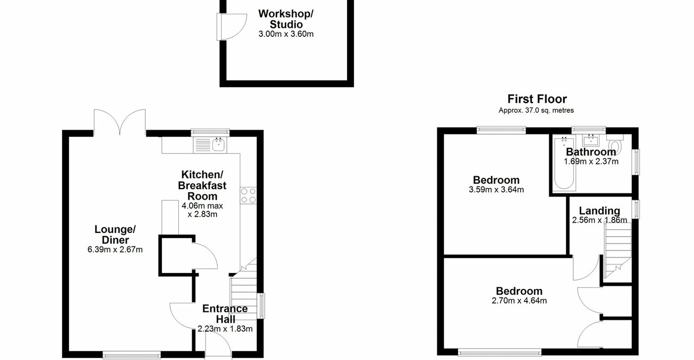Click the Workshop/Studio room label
tap(286, 19)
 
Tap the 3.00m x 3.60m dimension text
tap(286, 34)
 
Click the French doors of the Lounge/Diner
tap(120, 122)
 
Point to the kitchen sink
tap(218, 144)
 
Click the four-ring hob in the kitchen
tap(248, 195)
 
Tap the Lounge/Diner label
tap(115, 234)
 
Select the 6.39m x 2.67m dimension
tap(115, 249)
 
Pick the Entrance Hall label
tap(225, 314)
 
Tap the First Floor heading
tap(537, 99)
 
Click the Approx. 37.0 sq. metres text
tap(537, 111)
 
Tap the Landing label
tap(599, 211)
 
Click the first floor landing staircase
tap(618, 246)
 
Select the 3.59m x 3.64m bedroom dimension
tap(496, 189)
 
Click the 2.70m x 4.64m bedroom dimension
tap(519, 300)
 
